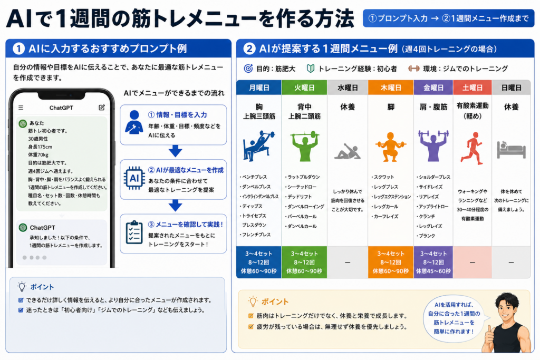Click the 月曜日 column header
[x=259, y=88]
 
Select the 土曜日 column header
[x=472, y=88]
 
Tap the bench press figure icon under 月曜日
[x=258, y=145]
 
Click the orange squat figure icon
[x=391, y=147]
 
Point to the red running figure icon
[x=472, y=148]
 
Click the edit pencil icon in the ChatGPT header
[x=102, y=108]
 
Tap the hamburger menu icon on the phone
[x=21, y=108]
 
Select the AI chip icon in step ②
[x=134, y=178]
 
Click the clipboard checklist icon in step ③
[x=134, y=232]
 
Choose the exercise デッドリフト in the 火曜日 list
[x=298, y=197]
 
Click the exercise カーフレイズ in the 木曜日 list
[x=384, y=217]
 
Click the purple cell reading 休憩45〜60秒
[x=433, y=271]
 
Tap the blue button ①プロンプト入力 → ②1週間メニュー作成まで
[x=448, y=18]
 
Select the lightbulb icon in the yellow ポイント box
[x=253, y=301]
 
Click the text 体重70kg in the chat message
[x=38, y=155]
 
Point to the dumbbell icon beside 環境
[x=413, y=69]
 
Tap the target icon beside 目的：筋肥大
[x=248, y=69]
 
